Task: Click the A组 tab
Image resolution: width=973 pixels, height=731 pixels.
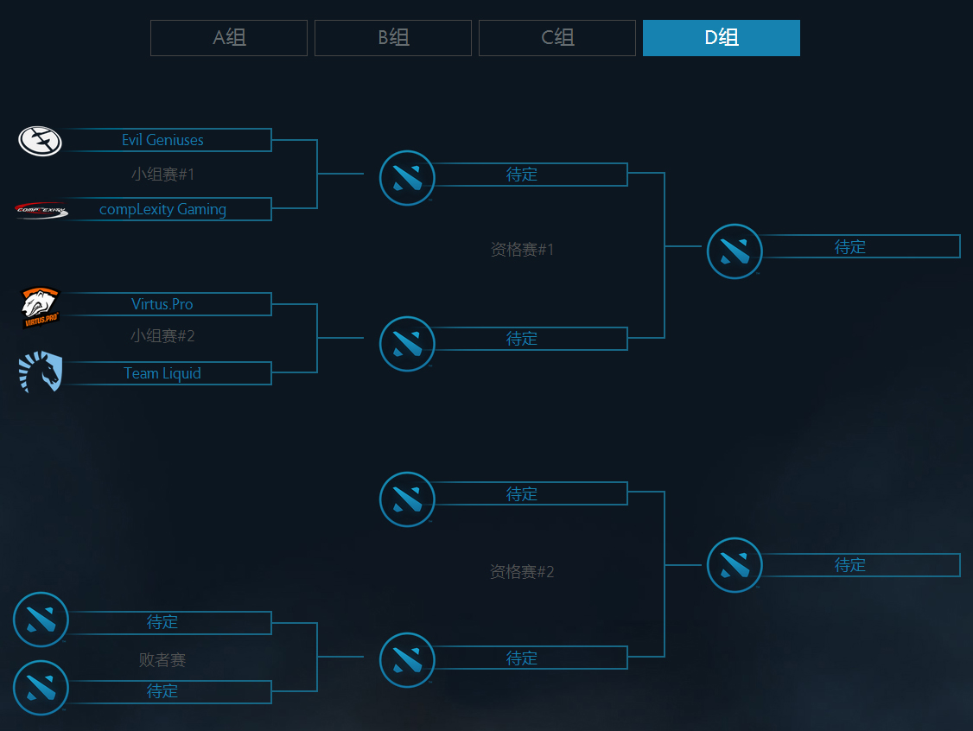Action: coord(229,38)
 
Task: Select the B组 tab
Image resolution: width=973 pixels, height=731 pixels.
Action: coord(393,38)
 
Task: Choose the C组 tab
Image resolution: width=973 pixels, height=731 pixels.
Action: coord(557,38)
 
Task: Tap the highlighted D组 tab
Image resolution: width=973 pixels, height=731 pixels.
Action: coord(722,38)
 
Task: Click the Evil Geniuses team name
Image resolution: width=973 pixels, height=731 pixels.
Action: coord(162,140)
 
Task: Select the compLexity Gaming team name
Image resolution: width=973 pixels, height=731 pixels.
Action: coord(162,209)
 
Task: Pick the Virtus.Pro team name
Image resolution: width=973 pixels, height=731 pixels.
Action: coord(162,304)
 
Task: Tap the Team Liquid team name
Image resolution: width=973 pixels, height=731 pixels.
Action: coord(162,373)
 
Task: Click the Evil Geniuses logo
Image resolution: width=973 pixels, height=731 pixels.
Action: coord(40,140)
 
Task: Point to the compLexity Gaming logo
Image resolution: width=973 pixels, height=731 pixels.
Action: coord(41,209)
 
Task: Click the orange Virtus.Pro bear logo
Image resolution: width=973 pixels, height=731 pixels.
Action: coord(40,308)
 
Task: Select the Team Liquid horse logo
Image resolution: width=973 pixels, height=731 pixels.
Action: coord(41,372)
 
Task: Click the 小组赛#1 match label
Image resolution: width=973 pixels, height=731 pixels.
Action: coord(162,175)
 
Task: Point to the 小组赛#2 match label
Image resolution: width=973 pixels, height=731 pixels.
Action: coord(162,336)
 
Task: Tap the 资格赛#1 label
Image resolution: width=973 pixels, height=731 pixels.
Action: coord(522,250)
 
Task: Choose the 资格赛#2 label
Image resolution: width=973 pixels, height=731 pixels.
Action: coord(522,572)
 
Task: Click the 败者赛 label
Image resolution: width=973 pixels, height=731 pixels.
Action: coord(162,660)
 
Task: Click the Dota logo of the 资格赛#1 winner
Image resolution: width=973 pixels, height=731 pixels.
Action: coord(735,251)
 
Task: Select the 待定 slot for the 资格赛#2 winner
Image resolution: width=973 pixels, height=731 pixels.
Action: coord(850,565)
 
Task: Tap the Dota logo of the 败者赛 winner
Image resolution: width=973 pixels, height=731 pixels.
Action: coord(407,660)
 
